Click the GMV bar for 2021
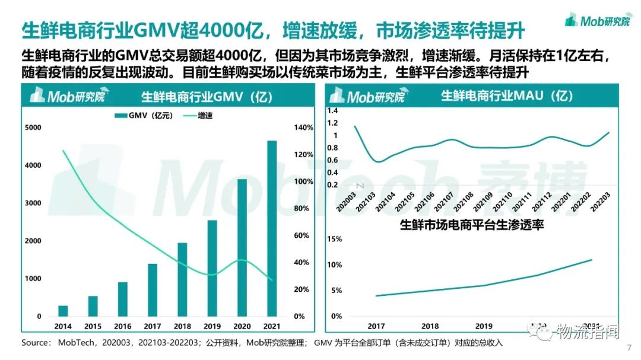272,228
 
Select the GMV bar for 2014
63,311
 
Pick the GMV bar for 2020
242,247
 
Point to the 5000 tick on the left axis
33,128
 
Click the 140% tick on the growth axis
303,128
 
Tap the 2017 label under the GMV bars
153,326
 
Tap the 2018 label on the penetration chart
430,326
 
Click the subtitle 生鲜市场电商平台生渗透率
472,225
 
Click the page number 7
629,348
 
